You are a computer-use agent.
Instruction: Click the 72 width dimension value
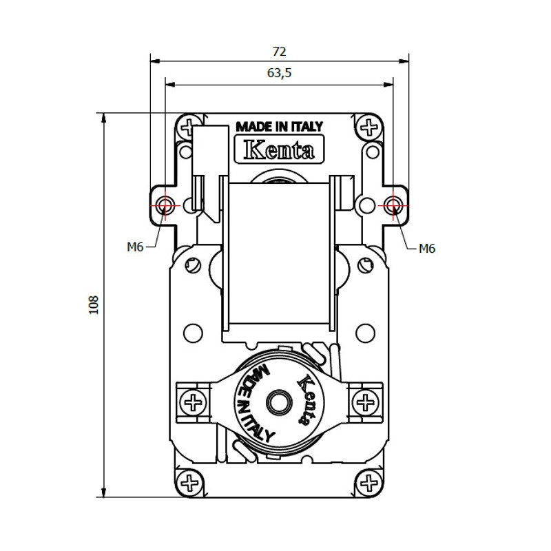280,52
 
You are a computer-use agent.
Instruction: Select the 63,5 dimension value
280,73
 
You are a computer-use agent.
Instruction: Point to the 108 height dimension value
94,304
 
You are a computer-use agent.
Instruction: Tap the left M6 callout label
135,247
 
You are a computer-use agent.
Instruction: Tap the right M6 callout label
427,249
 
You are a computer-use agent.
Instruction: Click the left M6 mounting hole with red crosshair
165,205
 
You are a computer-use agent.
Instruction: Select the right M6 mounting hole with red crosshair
393,205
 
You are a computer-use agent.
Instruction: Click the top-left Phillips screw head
189,127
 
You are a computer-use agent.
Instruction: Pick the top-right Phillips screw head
369,127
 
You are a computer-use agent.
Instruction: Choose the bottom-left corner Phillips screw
190,483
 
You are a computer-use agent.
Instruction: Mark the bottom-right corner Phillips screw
368,483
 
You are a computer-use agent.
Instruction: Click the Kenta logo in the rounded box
279,149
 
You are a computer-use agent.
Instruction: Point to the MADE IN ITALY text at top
279,127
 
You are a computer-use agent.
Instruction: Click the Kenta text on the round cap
305,400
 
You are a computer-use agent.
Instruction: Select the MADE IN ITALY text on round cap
257,404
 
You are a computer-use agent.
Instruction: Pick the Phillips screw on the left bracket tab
193,402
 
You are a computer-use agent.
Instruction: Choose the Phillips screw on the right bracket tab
365,402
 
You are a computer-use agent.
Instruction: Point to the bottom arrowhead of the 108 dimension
104,492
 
